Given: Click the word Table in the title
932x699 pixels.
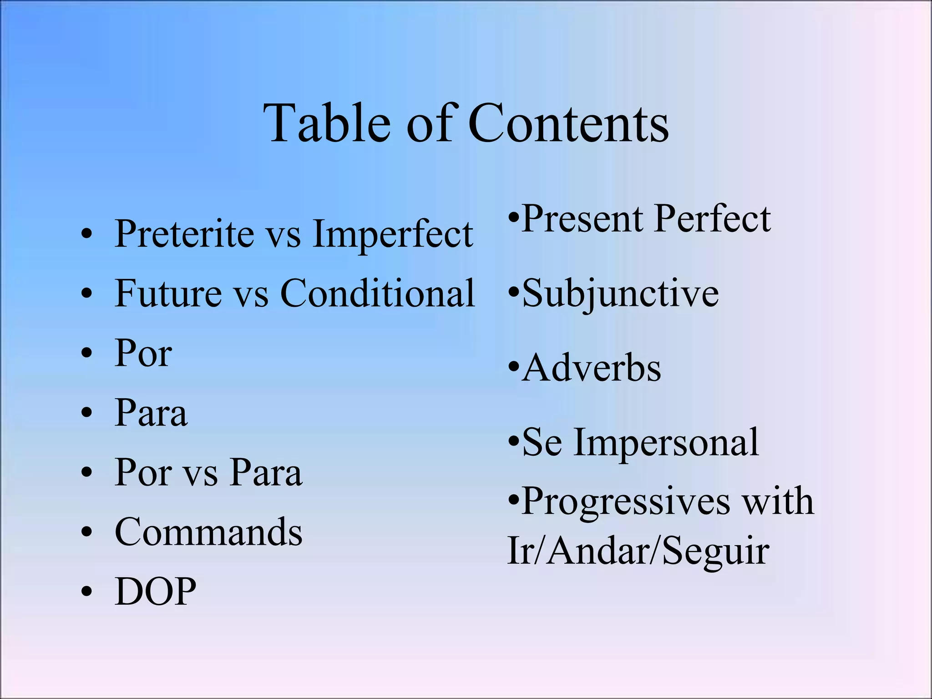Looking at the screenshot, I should (327, 123).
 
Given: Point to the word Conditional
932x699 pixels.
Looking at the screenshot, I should (378, 294).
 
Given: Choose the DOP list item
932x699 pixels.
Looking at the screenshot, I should (156, 592).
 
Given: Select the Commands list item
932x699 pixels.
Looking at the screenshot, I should (208, 532).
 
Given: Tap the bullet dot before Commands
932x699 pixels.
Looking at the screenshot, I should (86, 532).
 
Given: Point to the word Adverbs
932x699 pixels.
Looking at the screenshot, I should (592, 368).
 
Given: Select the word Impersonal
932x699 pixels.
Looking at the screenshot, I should (666, 443).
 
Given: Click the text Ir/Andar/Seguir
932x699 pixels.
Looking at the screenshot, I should (638, 551).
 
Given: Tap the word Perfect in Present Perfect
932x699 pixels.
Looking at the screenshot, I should (713, 219).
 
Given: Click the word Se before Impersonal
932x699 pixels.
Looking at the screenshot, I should (542, 442).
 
